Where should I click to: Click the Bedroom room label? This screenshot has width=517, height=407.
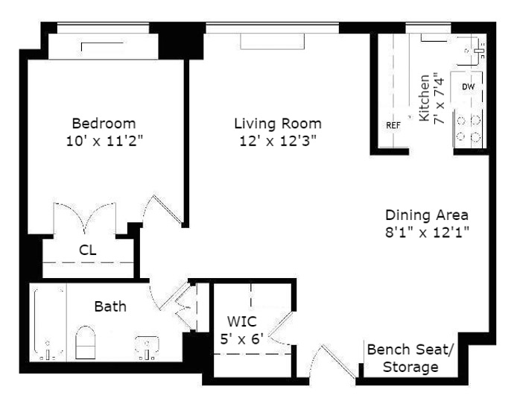coord(104,124)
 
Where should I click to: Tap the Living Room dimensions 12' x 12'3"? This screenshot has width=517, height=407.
coord(278,141)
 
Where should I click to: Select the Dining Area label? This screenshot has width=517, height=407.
coord(427,215)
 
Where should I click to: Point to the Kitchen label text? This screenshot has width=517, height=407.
coord(425,98)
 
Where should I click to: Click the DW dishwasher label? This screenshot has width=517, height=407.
coord(468,86)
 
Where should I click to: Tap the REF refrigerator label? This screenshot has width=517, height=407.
coord(393,125)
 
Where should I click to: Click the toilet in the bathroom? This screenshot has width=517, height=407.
coord(86,342)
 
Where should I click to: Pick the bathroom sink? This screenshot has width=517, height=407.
coord(147,347)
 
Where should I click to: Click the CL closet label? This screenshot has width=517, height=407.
coord(88,250)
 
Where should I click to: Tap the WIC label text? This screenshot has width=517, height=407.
coord(241,321)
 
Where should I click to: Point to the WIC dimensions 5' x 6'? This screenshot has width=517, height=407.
coord(241,338)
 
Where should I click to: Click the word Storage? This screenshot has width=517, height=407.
coord(410,367)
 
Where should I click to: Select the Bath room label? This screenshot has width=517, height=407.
coord(110,306)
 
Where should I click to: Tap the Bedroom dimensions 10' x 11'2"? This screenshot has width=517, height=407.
coord(105,141)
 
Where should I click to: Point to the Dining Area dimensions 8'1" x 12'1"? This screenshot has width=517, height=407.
coord(427,233)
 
